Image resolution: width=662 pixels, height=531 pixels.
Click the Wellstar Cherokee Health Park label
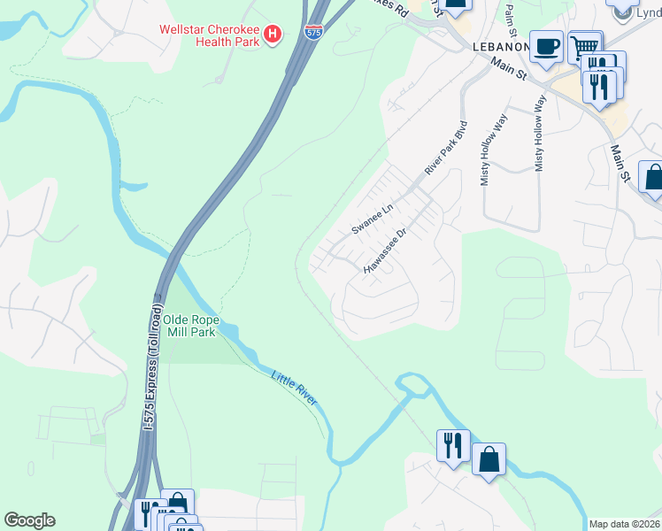pyautogui.click(x=210, y=35)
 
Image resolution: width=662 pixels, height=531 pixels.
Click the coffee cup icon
pyautogui.click(x=546, y=46)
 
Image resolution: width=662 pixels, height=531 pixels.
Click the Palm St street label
pyautogui.click(x=509, y=15)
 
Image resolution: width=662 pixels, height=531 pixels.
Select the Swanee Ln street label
pyautogui.click(x=372, y=218)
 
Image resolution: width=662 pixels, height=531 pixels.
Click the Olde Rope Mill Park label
pyautogui.click(x=194, y=326)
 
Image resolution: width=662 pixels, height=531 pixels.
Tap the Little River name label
pyautogui.click(x=294, y=389)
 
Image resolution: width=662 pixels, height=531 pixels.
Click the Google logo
pyautogui.click(x=29, y=520)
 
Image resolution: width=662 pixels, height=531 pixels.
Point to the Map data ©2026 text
pyautogui.click(x=624, y=524)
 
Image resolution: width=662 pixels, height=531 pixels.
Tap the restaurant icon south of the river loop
pyautogui.click(x=453, y=444)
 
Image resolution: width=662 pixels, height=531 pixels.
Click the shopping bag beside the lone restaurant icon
pyautogui.click(x=489, y=459)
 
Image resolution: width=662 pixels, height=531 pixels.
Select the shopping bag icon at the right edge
pyautogui.click(x=652, y=177)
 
